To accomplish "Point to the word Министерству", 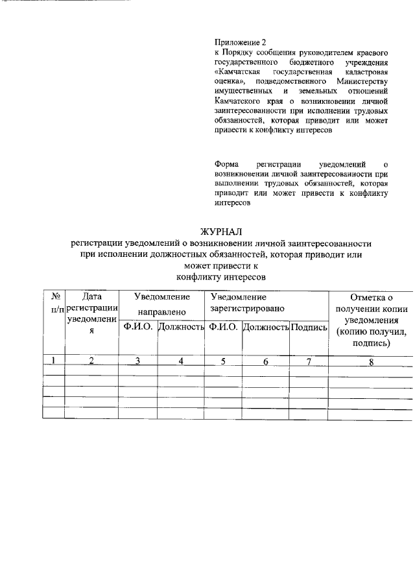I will point(361,82).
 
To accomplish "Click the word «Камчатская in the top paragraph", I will point(237,71).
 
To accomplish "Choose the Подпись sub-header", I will point(309,328).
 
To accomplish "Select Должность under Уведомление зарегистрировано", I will point(265,328).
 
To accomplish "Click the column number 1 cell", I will point(54,361).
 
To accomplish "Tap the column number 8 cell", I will point(371,362).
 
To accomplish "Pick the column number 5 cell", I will point(222,361).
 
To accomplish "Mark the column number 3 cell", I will point(137,361).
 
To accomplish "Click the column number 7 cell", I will point(309,361).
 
